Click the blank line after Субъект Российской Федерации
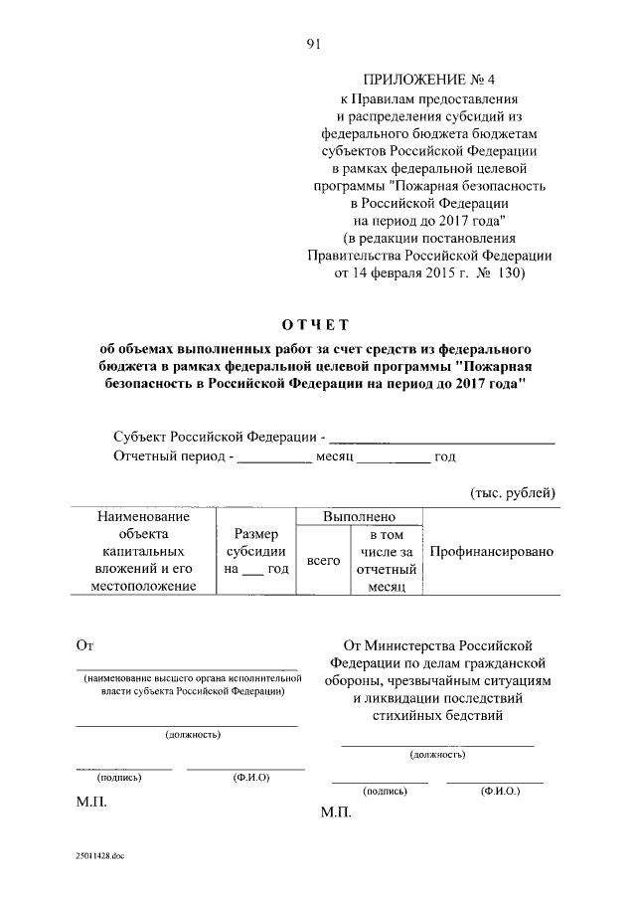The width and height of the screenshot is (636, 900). pyautogui.click(x=441, y=438)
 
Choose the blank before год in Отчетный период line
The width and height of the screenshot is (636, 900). pyautogui.click(x=393, y=457)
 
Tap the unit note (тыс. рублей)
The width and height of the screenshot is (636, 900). pyautogui.click(x=512, y=493)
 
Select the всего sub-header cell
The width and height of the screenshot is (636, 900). pyautogui.click(x=323, y=561)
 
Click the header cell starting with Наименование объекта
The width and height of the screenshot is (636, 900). pyautogui.click(x=143, y=552)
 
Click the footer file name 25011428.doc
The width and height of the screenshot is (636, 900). pyautogui.click(x=98, y=854)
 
